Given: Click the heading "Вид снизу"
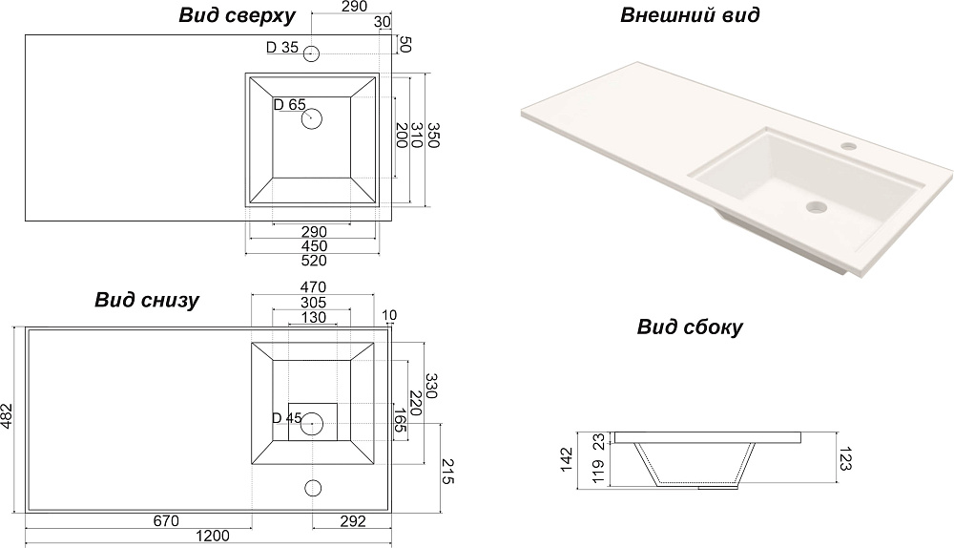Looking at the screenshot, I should [x=146, y=301].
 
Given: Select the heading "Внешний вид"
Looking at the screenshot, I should [x=690, y=15].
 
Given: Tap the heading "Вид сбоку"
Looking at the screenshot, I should [x=690, y=327].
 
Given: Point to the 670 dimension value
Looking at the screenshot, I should [x=167, y=521].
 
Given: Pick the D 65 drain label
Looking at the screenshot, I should [x=289, y=105].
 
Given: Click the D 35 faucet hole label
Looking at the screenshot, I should [x=282, y=48].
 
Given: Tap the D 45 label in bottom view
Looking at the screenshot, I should [x=286, y=418].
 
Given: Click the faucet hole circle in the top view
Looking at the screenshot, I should [x=312, y=53].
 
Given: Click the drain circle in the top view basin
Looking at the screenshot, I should [x=313, y=119].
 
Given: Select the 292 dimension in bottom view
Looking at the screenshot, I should [x=353, y=521].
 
